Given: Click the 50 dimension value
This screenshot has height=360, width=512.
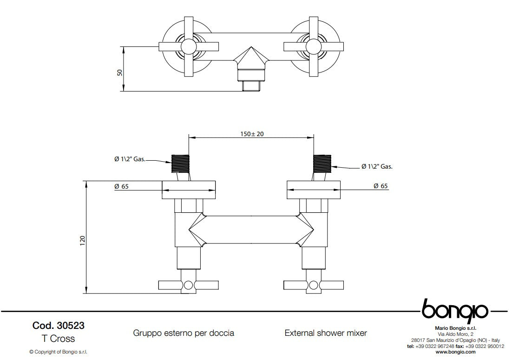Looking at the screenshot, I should [x=119, y=72].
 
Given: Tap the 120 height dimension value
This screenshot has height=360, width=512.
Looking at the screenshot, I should [x=82, y=240].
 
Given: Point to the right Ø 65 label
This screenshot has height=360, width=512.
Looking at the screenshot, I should [x=381, y=186].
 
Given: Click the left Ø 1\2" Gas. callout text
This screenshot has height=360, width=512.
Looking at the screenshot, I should [x=130, y=159].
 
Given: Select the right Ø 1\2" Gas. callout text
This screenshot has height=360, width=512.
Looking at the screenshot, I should [x=377, y=166].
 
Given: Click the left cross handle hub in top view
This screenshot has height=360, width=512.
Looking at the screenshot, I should [x=189, y=46].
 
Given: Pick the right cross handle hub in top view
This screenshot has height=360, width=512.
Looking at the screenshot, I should [x=314, y=46].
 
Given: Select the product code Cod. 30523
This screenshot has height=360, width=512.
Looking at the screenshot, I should [x=59, y=326].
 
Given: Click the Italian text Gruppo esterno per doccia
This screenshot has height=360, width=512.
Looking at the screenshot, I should [x=184, y=333].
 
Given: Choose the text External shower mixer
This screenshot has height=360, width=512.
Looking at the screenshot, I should [x=325, y=333].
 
